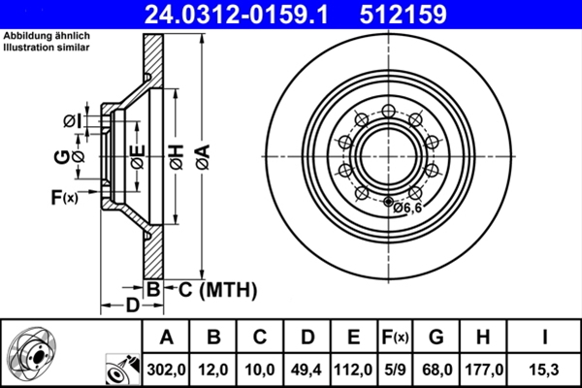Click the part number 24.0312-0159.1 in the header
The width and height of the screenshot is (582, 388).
point(225,14)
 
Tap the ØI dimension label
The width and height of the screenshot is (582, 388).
point(70,120)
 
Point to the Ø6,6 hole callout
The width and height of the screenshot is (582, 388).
point(406,206)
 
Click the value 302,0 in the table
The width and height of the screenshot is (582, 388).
point(167,369)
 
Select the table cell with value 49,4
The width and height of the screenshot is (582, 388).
point(307,369)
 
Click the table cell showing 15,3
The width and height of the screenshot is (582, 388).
point(544,369)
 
